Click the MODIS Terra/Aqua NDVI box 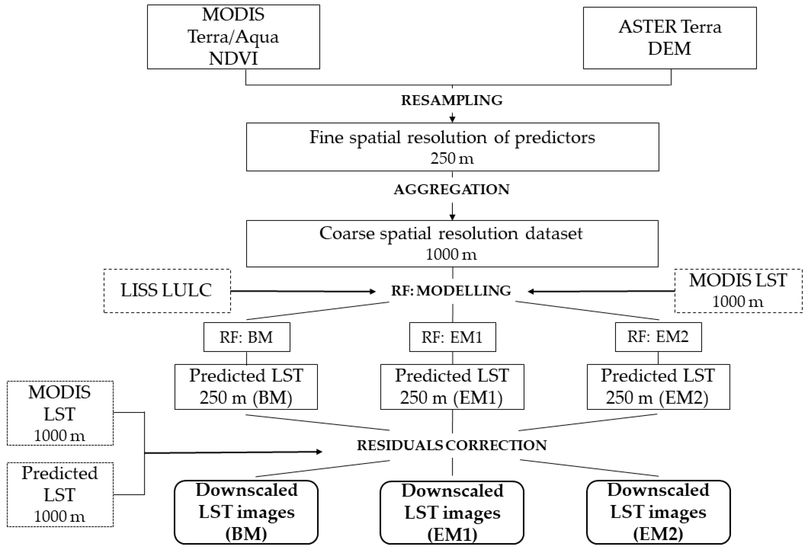(x=233, y=37)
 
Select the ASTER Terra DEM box (x=670, y=38)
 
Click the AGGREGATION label (x=452, y=190)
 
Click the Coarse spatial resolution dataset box (x=452, y=243)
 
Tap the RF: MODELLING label (x=451, y=290)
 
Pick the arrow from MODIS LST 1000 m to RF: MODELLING (x=601, y=291)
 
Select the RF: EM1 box (x=452, y=337)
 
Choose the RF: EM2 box (x=658, y=336)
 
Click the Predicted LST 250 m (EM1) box (x=452, y=387)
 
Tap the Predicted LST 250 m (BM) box (x=246, y=387)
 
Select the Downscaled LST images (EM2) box (x=658, y=512)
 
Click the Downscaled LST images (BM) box (x=246, y=512)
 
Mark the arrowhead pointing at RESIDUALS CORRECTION (x=319, y=452)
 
